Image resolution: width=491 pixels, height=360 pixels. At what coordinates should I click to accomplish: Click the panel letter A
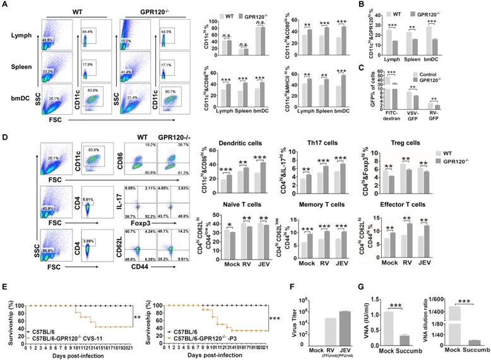coord(4,6)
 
